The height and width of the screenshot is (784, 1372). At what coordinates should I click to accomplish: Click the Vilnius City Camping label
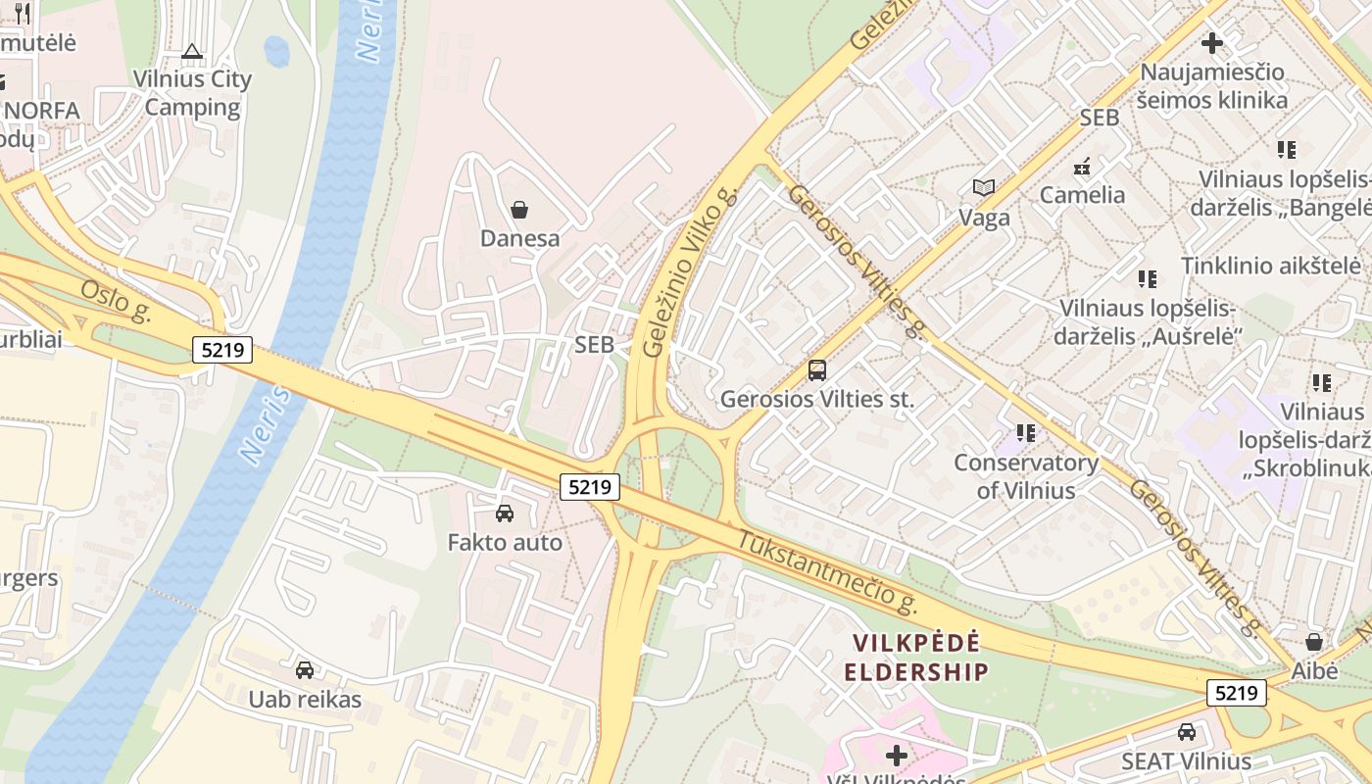point(192,93)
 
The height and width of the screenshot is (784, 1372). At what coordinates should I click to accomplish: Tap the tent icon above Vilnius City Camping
point(192,51)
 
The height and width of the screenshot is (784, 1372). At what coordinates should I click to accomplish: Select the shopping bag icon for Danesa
point(519,210)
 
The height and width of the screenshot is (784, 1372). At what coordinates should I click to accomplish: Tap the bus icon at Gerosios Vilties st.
point(816,370)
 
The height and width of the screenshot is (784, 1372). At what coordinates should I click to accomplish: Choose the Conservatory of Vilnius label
point(1026,476)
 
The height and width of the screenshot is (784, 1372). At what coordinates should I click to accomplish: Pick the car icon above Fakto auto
point(505,513)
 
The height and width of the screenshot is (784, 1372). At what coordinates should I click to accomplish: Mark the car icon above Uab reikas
point(305,670)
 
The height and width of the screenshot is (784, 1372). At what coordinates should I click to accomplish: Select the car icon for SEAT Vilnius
point(1187,732)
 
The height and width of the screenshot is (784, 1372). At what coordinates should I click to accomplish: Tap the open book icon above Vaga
point(984,187)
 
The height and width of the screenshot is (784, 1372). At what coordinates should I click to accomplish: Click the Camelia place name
point(1082,194)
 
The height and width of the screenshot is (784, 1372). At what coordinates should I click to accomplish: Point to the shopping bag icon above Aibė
point(1314,642)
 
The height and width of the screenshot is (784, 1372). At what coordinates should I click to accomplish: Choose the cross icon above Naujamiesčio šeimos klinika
point(1212,43)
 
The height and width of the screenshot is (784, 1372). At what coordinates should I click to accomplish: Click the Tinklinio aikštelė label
point(1270,266)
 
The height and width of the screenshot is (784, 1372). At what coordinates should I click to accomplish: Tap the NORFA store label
point(41,110)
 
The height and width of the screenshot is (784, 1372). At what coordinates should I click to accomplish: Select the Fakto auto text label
point(505,542)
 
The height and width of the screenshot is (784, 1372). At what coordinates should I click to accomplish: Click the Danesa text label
point(519,238)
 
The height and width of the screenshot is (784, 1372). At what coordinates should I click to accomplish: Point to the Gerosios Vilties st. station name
point(816,399)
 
